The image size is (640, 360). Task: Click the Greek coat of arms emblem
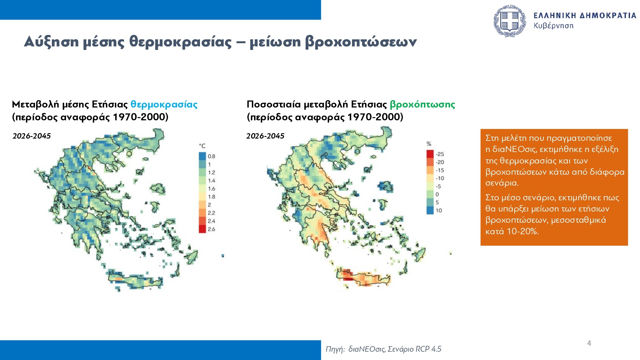pyautogui.click(x=509, y=21)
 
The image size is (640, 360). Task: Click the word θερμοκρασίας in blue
pyautogui.click(x=164, y=104)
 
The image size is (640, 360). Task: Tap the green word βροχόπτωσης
pyautogui.click(x=422, y=104)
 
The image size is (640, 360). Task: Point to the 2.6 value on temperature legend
pyautogui.click(x=212, y=229)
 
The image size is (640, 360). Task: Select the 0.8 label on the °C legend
pyautogui.click(x=212, y=156)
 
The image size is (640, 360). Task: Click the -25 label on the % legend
pyautogui.click(x=440, y=154)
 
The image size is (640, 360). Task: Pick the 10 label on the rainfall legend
pyautogui.click(x=439, y=211)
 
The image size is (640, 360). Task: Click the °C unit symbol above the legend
pyautogui.click(x=202, y=146)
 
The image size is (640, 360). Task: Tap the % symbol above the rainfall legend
pyautogui.click(x=429, y=144)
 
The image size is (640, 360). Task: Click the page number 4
pyautogui.click(x=589, y=343)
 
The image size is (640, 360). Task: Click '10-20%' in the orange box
pyautogui.click(x=523, y=231)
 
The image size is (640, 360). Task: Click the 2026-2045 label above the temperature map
pyautogui.click(x=32, y=136)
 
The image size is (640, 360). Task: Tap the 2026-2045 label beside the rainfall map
pyautogui.click(x=265, y=136)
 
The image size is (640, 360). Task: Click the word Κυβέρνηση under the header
pyautogui.click(x=553, y=26)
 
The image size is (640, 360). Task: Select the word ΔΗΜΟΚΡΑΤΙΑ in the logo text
pyautogui.click(x=608, y=16)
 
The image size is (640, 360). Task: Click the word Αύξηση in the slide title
pyautogui.click(x=51, y=42)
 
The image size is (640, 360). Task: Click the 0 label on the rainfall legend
pyautogui.click(x=437, y=194)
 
